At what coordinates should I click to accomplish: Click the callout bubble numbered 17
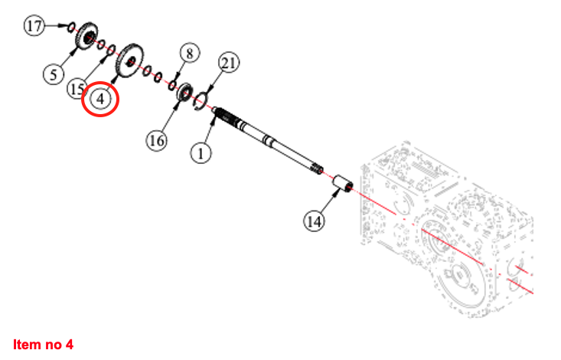(34, 27)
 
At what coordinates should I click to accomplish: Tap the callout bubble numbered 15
(77, 89)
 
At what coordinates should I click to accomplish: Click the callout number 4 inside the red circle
(100, 99)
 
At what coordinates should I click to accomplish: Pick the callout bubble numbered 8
(190, 53)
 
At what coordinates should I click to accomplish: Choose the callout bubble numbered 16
(157, 141)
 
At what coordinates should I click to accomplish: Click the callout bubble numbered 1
(201, 153)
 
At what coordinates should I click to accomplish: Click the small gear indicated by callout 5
(87, 36)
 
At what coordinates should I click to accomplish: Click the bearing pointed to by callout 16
(184, 93)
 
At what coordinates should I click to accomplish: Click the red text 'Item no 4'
(43, 344)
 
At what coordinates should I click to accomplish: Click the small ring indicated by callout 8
(173, 83)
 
